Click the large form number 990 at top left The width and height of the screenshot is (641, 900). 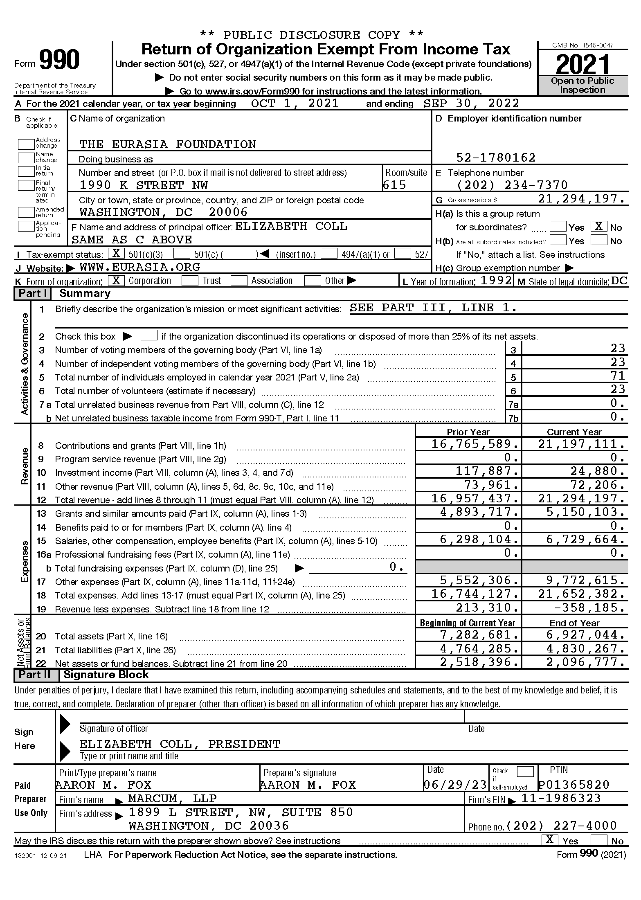[x=60, y=60]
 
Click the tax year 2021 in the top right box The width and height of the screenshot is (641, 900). [x=583, y=64]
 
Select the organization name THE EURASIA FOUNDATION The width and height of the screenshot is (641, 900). [x=168, y=144]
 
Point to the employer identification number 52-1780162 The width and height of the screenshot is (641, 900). [x=496, y=157]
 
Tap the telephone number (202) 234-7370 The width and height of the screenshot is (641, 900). [x=512, y=185]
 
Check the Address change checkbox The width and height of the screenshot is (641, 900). [x=26, y=144]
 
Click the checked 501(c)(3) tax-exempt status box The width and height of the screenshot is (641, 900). [x=117, y=254]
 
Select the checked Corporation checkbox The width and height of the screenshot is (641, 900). [x=117, y=281]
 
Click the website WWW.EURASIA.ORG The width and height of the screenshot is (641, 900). [x=140, y=268]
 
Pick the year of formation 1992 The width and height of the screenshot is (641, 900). [x=496, y=281]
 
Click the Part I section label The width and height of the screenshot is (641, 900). [x=33, y=294]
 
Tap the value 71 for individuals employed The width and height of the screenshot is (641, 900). [x=618, y=376]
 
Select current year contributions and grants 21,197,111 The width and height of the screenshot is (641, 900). [x=582, y=444]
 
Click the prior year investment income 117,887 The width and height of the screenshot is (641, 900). [x=488, y=471]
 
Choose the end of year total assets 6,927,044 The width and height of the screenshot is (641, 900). [x=586, y=635]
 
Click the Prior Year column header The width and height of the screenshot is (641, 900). [x=468, y=432]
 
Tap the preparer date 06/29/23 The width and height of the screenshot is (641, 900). [x=455, y=785]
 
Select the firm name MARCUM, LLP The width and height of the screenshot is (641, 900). [x=172, y=799]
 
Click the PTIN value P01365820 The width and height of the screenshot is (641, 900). [x=574, y=785]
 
